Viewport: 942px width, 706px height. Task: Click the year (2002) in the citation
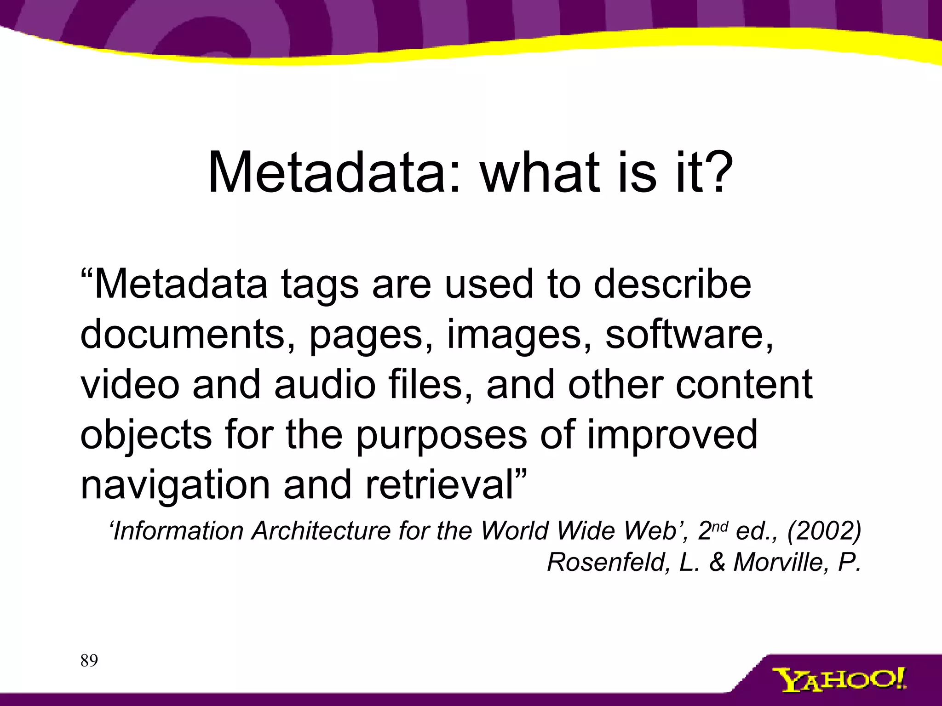click(824, 531)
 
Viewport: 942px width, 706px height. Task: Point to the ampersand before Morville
click(718, 562)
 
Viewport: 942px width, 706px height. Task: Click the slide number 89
click(89, 661)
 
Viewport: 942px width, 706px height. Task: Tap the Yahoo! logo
click(839, 680)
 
